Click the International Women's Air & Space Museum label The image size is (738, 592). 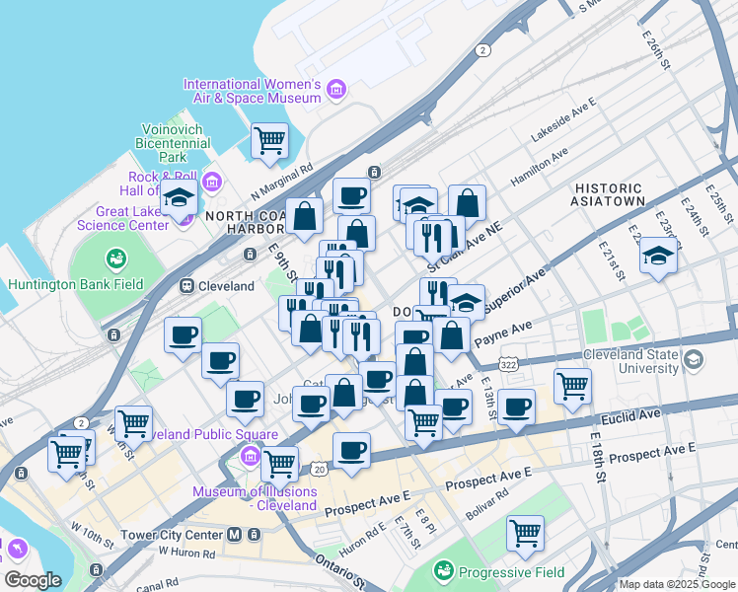point(253,91)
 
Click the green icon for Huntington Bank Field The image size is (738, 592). point(116,259)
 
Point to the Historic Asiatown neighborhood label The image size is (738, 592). point(609,193)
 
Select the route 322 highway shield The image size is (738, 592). point(507,364)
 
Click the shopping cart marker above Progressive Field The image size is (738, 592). point(526,533)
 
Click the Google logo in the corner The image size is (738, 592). point(33,580)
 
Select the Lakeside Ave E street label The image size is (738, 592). point(564,116)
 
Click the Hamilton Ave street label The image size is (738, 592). point(539,168)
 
